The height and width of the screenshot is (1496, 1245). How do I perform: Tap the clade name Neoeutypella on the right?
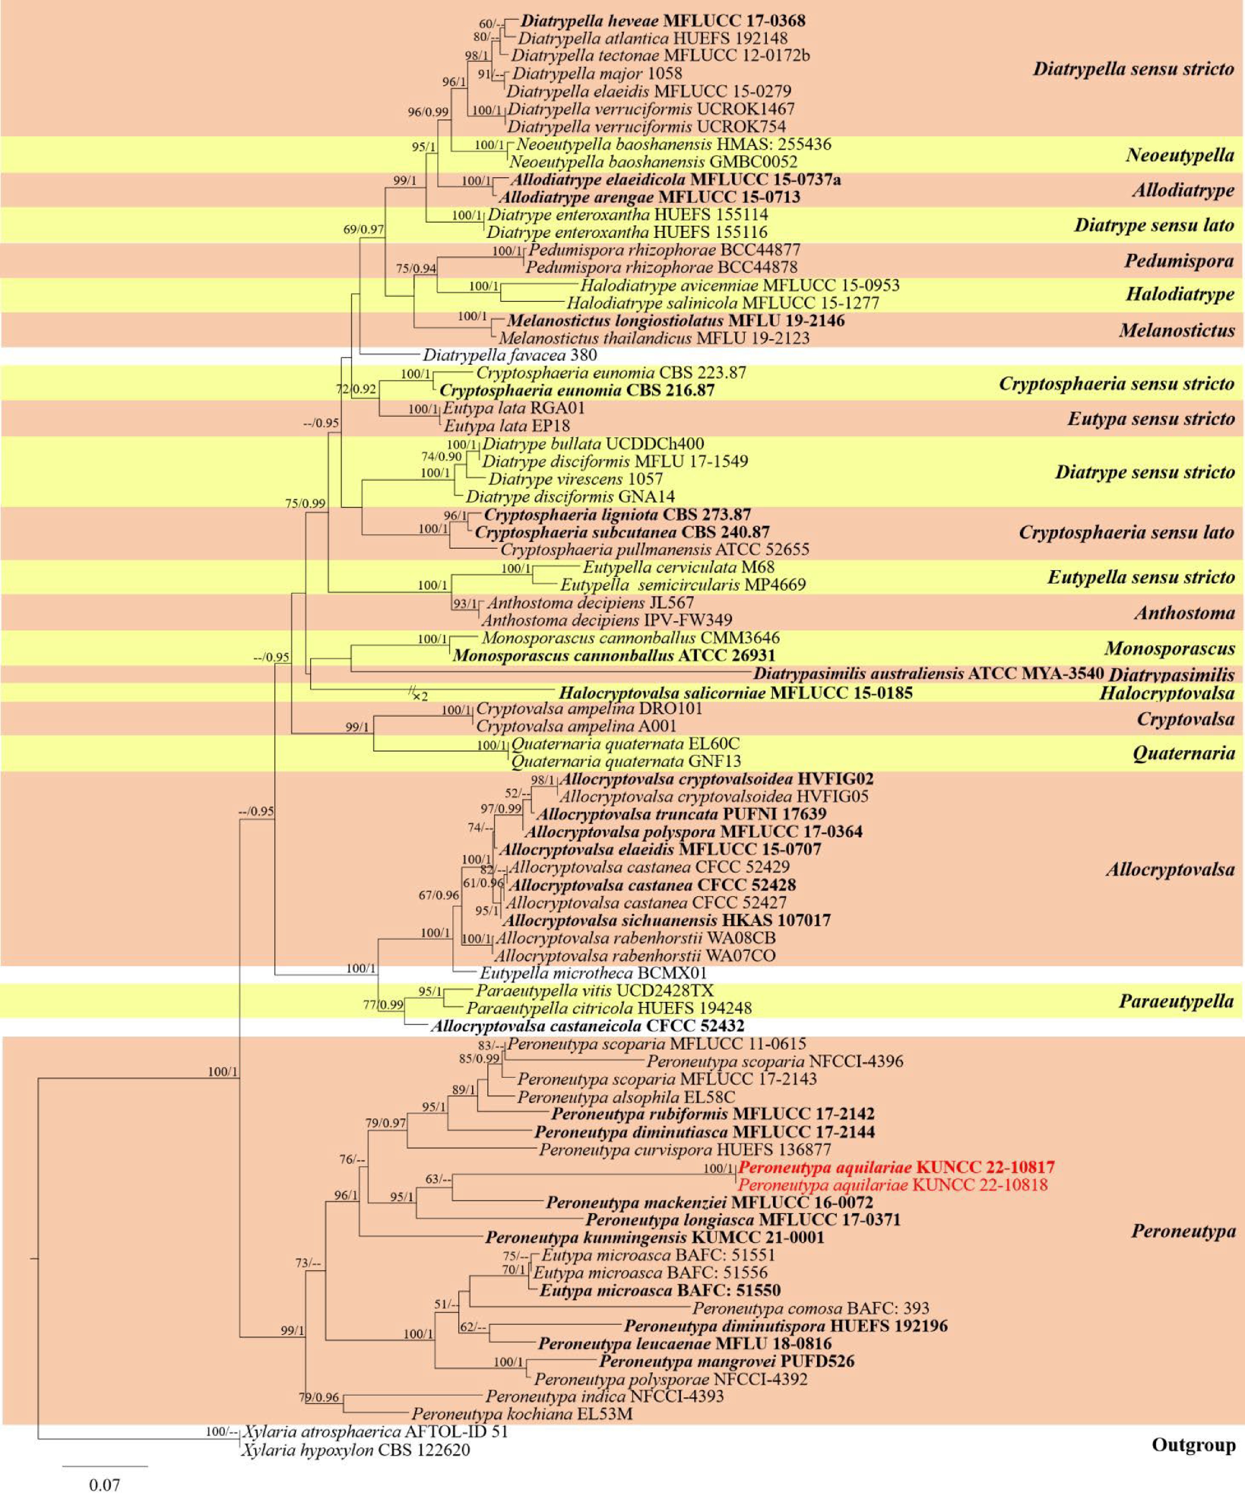(1180, 155)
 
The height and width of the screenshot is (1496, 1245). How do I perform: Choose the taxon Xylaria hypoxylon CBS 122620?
(356, 1450)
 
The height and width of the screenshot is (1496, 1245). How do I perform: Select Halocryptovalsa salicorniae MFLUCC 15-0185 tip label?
(735, 692)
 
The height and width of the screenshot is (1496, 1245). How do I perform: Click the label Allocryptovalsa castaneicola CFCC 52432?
(587, 1026)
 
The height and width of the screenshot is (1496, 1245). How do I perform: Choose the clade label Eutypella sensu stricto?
(1140, 577)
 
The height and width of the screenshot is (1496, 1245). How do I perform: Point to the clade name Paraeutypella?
(1176, 1001)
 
